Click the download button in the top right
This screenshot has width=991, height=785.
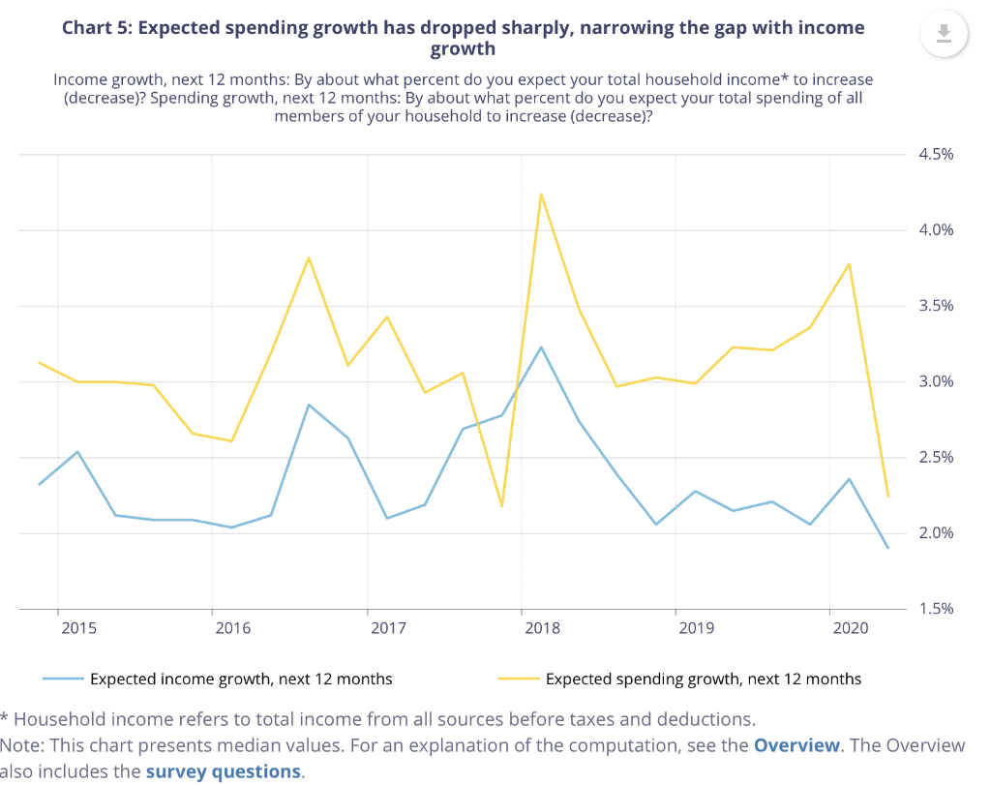pos(945,34)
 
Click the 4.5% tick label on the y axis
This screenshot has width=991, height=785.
pos(935,154)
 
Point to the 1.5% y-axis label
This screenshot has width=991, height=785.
pos(935,609)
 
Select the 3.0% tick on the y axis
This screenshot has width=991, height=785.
pos(935,381)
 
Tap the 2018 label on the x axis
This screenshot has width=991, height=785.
pos(542,628)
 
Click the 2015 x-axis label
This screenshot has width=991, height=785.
pos(78,628)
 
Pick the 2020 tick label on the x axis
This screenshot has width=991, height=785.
pos(851,628)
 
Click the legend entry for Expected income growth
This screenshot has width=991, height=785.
pos(240,679)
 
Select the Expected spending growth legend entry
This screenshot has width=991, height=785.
pos(703,679)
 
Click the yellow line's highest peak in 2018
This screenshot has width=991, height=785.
pos(541,194)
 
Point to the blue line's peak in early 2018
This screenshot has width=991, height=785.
pos(541,347)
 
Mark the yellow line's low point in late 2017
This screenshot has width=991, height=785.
pos(501,506)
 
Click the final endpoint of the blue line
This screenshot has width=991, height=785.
pos(887,548)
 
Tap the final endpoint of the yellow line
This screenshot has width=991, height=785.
pos(887,496)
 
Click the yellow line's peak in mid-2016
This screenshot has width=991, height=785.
pos(309,257)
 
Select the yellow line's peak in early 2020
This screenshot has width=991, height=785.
pos(849,263)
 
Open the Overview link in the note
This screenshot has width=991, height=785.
pos(796,745)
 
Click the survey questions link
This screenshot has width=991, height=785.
pos(223,771)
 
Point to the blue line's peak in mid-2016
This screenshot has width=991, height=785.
pos(309,405)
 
